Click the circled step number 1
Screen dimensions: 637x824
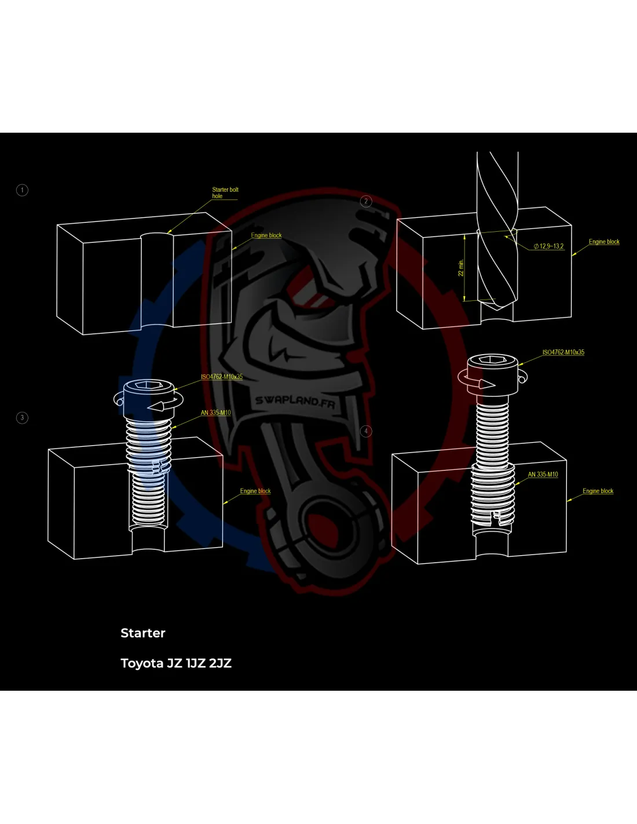tap(23, 190)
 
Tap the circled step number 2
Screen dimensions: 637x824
tap(366, 201)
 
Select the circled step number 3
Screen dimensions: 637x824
tap(23, 417)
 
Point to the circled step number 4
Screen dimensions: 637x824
tap(366, 431)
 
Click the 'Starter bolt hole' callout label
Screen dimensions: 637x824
tap(225, 192)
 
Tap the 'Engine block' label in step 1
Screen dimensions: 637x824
tap(266, 235)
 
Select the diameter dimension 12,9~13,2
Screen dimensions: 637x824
tap(549, 246)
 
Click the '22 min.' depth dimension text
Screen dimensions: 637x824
tap(461, 267)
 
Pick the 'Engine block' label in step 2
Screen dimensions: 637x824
tap(604, 242)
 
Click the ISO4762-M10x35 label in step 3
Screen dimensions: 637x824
tap(222, 377)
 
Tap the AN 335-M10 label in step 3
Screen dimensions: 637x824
tap(215, 413)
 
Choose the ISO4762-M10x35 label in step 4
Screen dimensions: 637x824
tap(563, 352)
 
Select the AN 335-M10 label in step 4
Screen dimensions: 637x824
tap(543, 475)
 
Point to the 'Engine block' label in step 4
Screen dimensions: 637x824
tap(598, 491)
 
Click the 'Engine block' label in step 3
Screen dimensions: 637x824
tap(255, 491)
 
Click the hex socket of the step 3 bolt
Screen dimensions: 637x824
tap(149, 385)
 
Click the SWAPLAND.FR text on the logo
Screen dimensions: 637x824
tap(295, 402)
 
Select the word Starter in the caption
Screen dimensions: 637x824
tap(143, 633)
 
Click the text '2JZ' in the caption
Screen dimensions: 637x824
tap(220, 663)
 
